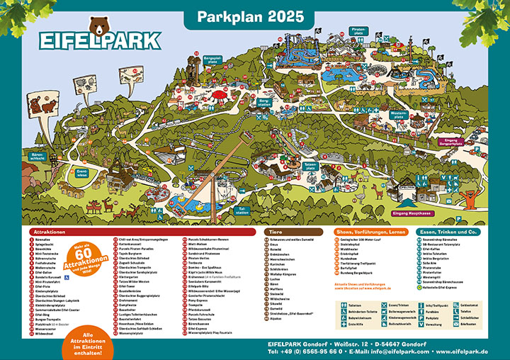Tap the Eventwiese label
(x=62, y=172)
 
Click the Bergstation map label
(x=265, y=103)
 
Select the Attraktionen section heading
(x=50, y=232)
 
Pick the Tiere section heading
(x=276, y=232)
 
